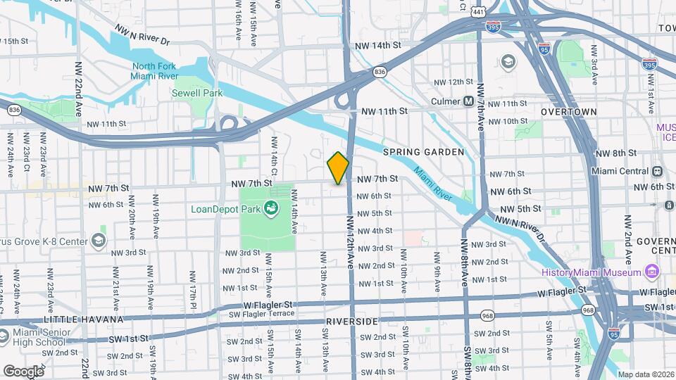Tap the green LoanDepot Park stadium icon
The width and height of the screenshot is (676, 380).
[x=270, y=208]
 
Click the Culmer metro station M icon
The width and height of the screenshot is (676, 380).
[x=468, y=101]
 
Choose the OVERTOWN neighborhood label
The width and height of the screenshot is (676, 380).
[x=568, y=112]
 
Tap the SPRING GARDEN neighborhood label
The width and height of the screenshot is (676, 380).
[x=423, y=152]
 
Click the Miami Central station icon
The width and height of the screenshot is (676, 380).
[x=657, y=171]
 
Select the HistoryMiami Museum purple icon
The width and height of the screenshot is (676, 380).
[x=651, y=272]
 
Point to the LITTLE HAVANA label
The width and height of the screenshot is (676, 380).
[x=74, y=319]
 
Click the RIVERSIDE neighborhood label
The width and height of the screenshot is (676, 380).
[x=352, y=321]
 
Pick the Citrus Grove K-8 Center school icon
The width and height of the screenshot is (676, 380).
[x=98, y=241]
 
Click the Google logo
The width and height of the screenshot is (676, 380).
[x=23, y=371]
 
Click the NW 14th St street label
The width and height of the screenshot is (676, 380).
[x=377, y=44]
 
